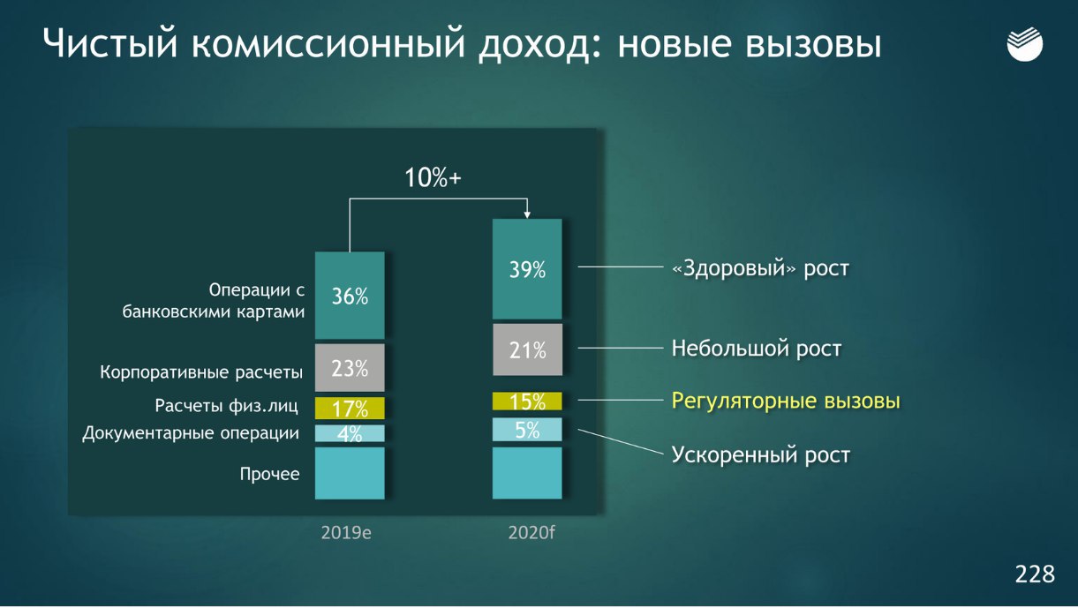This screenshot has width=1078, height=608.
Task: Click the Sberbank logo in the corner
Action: (1024, 44)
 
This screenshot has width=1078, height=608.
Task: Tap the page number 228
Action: (1035, 574)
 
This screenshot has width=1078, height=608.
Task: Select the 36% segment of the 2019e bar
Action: (350, 296)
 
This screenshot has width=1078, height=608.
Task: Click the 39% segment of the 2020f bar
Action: (527, 269)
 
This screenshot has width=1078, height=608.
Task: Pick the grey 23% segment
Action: (350, 367)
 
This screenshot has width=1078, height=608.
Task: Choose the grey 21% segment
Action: (527, 349)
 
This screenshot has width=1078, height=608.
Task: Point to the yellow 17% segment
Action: (350, 408)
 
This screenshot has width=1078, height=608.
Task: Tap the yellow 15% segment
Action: (527, 402)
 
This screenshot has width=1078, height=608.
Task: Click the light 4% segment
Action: (350, 433)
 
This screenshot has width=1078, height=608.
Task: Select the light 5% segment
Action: (527, 429)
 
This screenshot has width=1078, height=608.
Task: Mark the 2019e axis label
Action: (346, 533)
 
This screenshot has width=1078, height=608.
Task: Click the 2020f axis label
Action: (531, 533)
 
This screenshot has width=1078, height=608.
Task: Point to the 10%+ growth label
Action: (433, 177)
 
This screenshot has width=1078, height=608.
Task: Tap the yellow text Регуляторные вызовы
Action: (786, 402)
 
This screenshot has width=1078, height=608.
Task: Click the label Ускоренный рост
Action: (761, 455)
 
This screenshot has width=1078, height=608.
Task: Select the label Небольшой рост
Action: (756, 349)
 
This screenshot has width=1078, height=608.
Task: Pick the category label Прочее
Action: (269, 474)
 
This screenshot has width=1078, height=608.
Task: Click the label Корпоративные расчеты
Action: (201, 372)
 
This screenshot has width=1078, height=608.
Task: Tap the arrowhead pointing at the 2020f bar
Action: (527, 214)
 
